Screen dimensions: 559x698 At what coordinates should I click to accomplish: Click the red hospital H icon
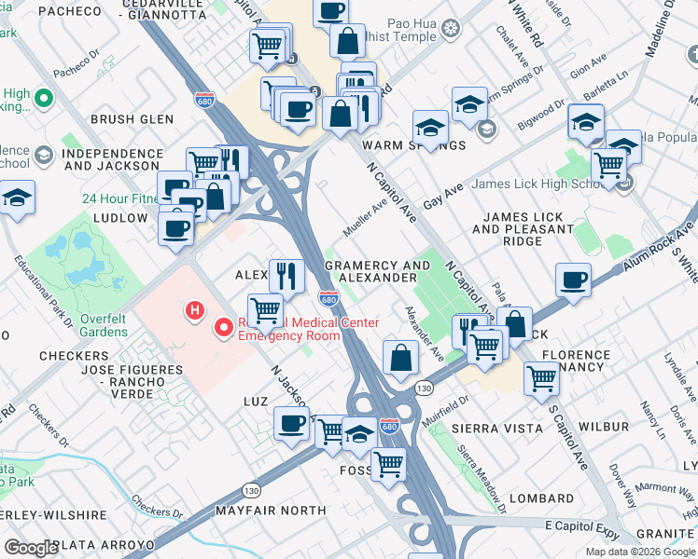[195, 310]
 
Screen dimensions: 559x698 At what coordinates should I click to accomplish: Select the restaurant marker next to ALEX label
[286, 275]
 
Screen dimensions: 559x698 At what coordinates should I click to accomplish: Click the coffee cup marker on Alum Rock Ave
[573, 279]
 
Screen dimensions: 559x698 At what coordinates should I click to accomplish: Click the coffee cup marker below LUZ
[291, 424]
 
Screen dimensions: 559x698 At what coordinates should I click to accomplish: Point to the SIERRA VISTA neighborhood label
[496, 428]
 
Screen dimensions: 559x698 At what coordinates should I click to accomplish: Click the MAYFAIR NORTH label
[271, 511]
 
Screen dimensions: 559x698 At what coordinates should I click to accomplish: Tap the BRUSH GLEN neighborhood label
[132, 119]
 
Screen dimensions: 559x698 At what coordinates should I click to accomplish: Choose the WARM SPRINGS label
[413, 145]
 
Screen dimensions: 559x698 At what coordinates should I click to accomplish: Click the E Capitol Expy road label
[571, 525]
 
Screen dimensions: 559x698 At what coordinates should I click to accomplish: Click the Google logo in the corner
[32, 548]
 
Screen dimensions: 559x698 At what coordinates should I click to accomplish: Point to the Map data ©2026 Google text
[640, 552]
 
